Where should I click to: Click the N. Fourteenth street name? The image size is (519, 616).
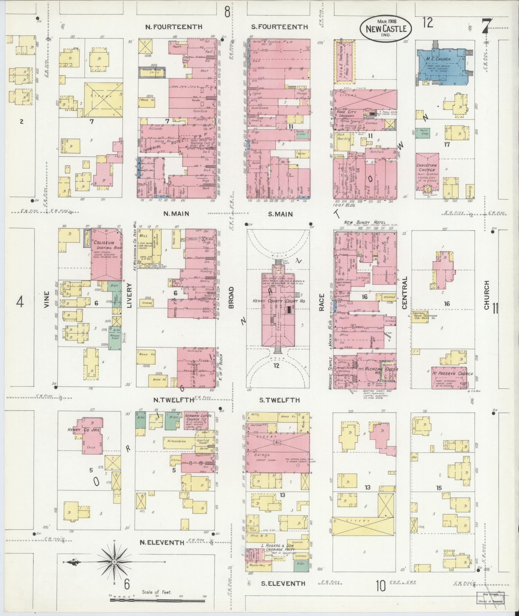coord(174,27)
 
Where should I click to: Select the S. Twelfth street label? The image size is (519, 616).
coord(279,400)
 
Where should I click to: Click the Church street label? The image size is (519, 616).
coord(486,295)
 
